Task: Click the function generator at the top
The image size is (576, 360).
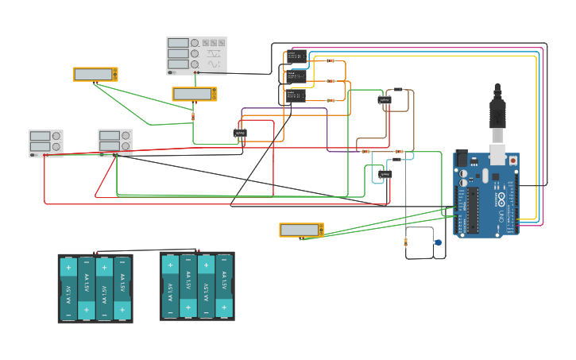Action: click(196, 55)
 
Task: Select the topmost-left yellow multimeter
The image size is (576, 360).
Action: click(95, 75)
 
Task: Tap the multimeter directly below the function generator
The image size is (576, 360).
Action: click(195, 94)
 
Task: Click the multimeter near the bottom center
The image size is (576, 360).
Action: click(301, 230)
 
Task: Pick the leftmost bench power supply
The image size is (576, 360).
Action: click(46, 143)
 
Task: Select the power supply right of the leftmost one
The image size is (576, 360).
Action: click(115, 143)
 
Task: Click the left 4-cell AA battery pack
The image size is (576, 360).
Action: click(95, 288)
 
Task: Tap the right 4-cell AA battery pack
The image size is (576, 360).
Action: click(197, 285)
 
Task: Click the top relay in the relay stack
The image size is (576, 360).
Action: click(296, 57)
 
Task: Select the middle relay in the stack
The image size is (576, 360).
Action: click(296, 77)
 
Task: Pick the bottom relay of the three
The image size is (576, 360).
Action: click(296, 96)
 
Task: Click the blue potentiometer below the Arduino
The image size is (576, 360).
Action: click(437, 242)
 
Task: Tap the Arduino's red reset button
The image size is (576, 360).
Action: click(512, 161)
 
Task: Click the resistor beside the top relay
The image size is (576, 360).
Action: click(331, 60)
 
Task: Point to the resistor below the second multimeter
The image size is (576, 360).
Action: click(193, 116)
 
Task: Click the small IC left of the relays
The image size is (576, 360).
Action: click(240, 133)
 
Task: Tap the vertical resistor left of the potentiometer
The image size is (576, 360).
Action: click(406, 242)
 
